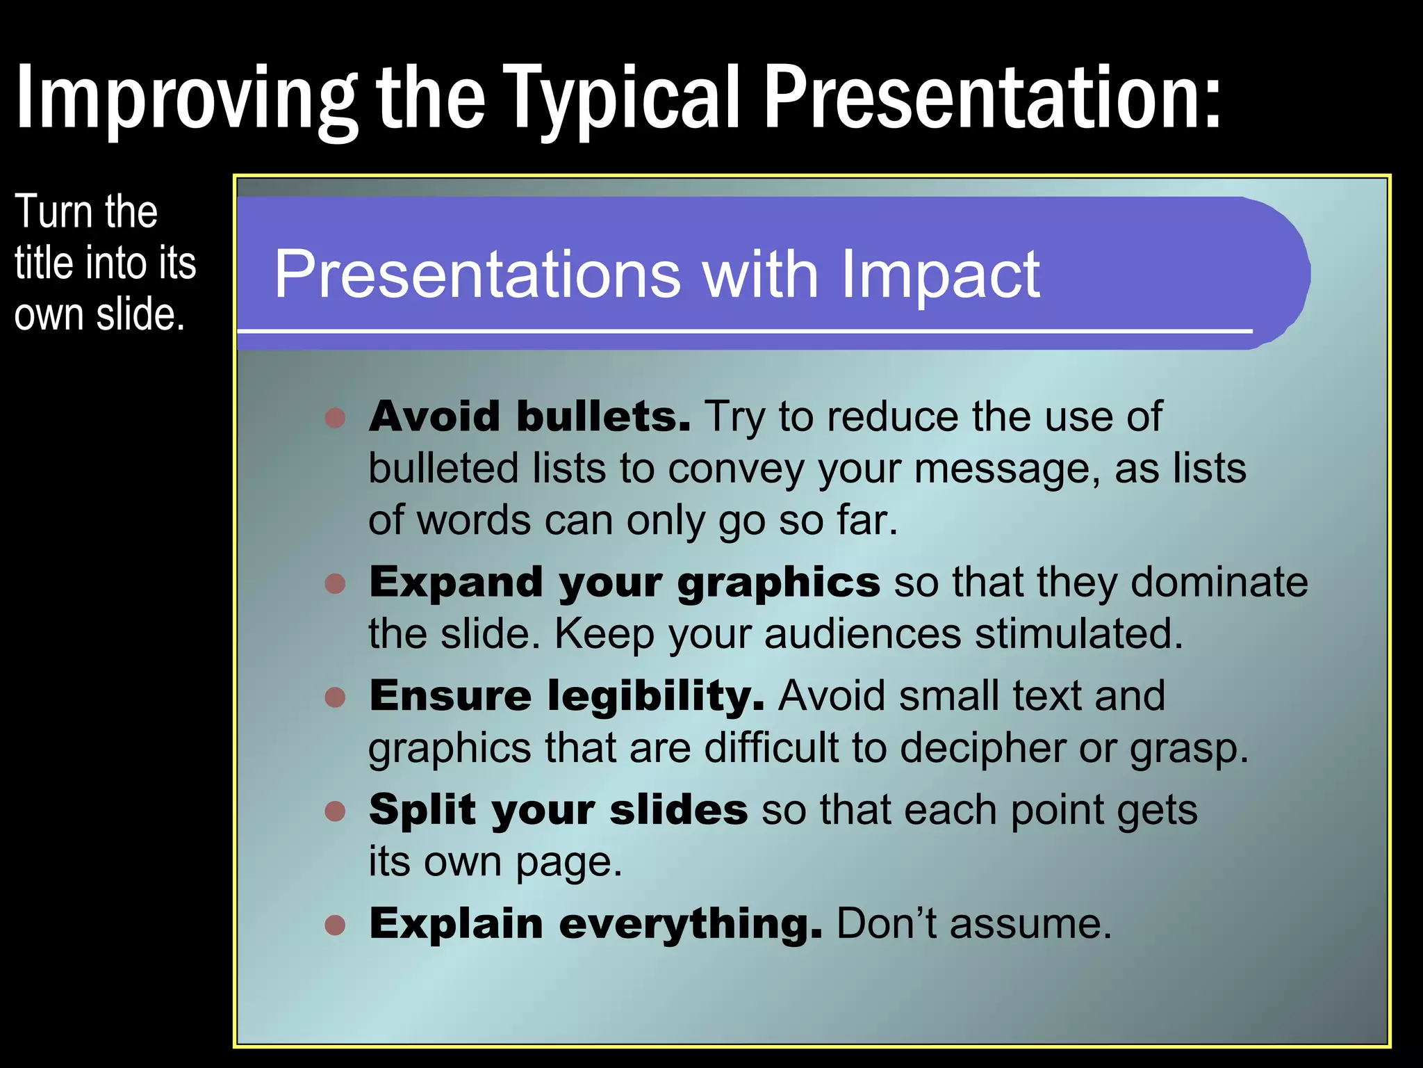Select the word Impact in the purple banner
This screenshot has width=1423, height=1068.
[939, 275]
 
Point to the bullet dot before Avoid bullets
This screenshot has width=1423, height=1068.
[336, 417]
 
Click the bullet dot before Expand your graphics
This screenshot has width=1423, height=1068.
[336, 583]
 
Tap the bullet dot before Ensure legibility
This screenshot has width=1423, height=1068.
[336, 697]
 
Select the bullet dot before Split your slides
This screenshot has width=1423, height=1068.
[336, 811]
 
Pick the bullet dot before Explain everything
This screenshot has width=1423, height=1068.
[336, 925]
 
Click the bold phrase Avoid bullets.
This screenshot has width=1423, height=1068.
[529, 416]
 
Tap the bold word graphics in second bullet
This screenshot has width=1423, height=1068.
[778, 583]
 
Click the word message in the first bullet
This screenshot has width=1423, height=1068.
[1007, 469]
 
